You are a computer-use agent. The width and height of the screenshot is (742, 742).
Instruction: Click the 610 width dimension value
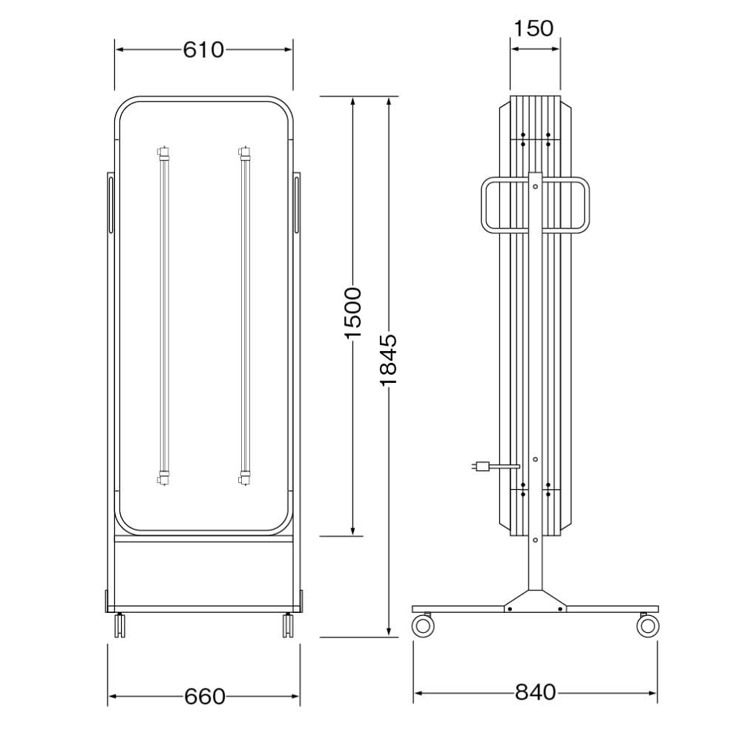click(x=203, y=50)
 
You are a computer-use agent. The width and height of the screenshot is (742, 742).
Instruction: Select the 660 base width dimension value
click(x=205, y=697)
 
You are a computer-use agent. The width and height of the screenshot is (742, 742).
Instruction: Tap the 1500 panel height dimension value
click(x=353, y=313)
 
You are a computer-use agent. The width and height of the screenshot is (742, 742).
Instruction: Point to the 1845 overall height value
click(x=388, y=360)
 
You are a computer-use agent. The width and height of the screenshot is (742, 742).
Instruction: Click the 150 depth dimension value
click(x=533, y=28)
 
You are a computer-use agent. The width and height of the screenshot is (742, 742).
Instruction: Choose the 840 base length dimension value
click(x=535, y=692)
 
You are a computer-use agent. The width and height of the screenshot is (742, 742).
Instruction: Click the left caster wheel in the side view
click(x=423, y=625)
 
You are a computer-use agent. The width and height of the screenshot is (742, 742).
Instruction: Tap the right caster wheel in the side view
click(x=648, y=625)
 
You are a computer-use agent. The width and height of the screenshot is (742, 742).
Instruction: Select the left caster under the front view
click(x=119, y=625)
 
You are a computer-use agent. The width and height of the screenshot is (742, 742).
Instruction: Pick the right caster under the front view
click(x=288, y=625)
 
